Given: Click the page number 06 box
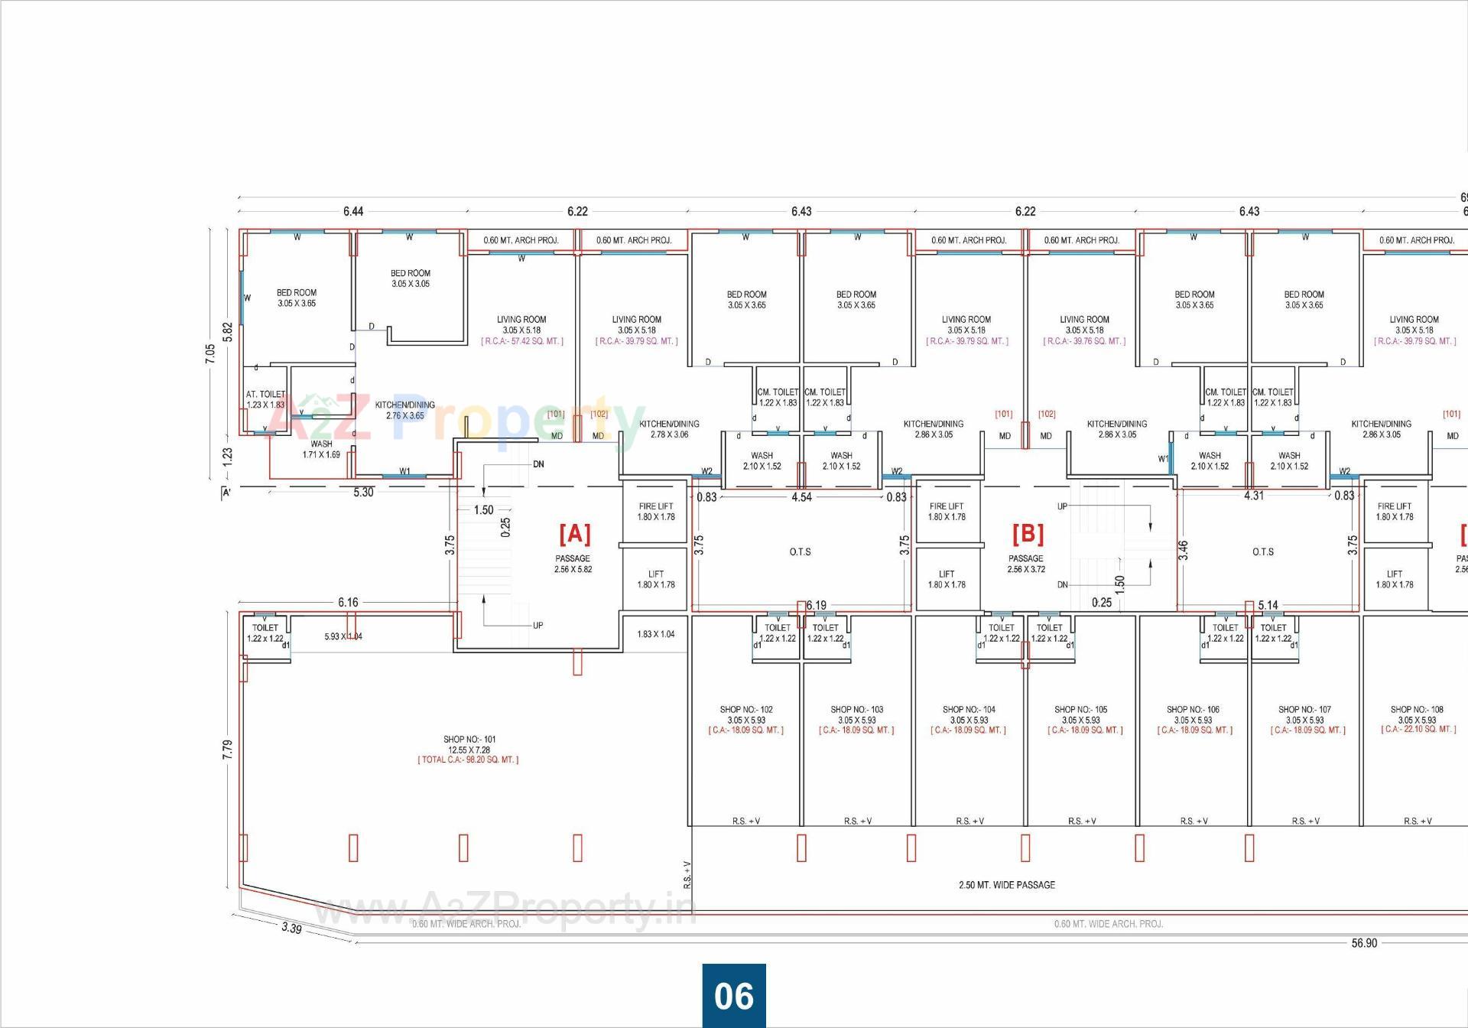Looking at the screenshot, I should click(x=734, y=996).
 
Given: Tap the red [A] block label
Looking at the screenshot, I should click(x=574, y=532).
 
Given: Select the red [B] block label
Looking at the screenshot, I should click(x=1028, y=532).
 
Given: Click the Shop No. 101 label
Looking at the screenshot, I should click(x=469, y=740).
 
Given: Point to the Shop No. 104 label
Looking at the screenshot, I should click(x=969, y=710).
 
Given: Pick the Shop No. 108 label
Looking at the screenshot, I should click(x=1417, y=710).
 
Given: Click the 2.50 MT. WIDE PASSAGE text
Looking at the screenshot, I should click(x=1006, y=885).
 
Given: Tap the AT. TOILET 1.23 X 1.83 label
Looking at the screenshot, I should click(x=265, y=399).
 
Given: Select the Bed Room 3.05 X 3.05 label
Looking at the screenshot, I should click(x=411, y=278).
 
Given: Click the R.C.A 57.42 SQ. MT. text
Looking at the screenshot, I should click(x=522, y=341).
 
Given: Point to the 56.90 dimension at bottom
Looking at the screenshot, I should click(x=1364, y=943).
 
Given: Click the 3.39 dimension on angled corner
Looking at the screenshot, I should click(x=291, y=929).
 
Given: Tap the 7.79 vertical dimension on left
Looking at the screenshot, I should click(x=228, y=750).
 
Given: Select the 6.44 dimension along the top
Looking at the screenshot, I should click(x=353, y=211).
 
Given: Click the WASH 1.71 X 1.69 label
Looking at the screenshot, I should click(x=321, y=449).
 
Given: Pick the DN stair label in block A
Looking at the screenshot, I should click(x=538, y=464).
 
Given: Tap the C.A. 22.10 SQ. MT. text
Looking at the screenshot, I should click(x=1418, y=730).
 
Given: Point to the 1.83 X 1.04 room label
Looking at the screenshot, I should click(x=656, y=634).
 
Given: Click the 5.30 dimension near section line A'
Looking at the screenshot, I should click(x=363, y=493).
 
